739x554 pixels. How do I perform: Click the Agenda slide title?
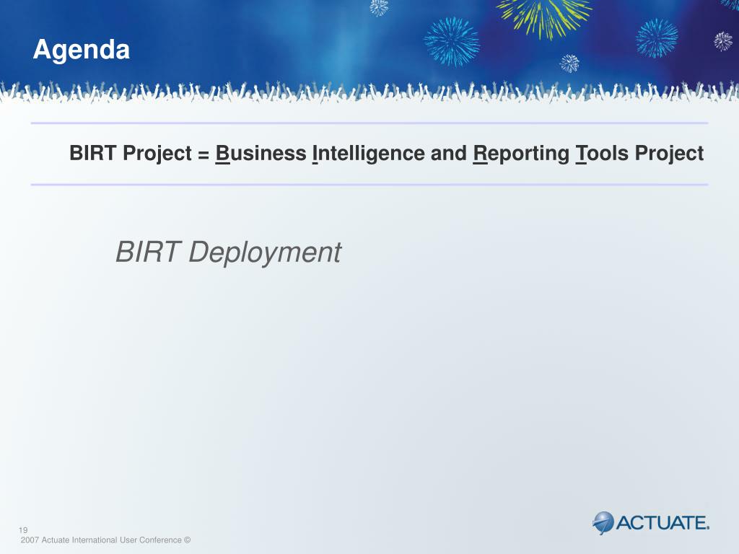(x=81, y=50)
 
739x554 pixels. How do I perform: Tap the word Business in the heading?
(x=261, y=153)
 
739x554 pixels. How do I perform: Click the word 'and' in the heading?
(x=449, y=153)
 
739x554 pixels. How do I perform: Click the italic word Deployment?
(x=265, y=253)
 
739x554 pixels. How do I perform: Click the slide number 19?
(x=23, y=530)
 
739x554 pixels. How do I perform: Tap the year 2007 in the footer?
(x=30, y=540)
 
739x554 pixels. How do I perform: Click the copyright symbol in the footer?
(x=187, y=540)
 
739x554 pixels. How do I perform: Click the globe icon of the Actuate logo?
(x=603, y=522)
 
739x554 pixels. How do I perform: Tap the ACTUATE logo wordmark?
(x=663, y=523)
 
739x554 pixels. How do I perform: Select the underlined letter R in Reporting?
(x=480, y=154)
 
